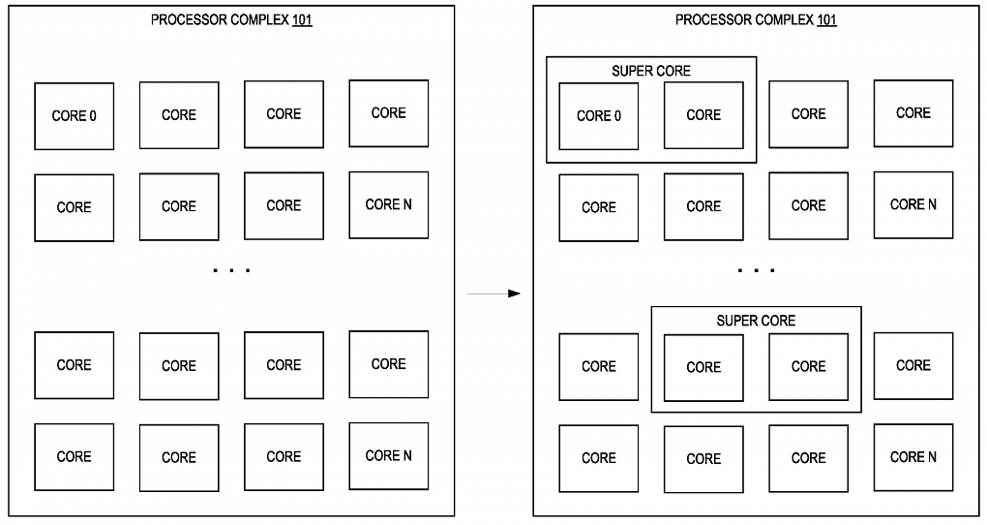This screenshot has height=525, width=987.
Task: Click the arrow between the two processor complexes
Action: tap(494, 293)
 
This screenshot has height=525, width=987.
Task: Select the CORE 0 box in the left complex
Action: tap(75, 116)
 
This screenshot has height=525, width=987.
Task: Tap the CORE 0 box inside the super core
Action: tap(599, 116)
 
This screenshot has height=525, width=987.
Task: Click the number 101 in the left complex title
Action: tap(302, 19)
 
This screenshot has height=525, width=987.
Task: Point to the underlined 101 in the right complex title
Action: tap(826, 19)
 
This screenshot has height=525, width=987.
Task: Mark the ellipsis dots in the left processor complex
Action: tap(231, 270)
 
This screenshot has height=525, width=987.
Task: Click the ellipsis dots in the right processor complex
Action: tap(756, 270)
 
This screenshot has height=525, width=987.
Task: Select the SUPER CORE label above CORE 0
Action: tap(651, 71)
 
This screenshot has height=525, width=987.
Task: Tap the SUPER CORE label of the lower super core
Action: tap(756, 321)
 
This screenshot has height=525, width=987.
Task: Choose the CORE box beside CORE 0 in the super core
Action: tap(703, 115)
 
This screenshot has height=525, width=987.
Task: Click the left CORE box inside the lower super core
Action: tap(703, 367)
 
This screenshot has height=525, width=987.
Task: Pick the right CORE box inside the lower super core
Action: tap(808, 366)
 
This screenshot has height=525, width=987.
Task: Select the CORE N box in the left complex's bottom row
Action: tap(389, 455)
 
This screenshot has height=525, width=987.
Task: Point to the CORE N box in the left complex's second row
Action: tap(389, 204)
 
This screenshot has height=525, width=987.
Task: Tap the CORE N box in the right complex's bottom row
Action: tap(913, 457)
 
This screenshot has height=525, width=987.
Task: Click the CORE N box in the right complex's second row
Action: tap(913, 204)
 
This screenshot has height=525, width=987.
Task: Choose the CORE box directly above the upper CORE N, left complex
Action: tap(389, 113)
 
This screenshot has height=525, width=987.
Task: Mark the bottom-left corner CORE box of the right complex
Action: tap(599, 458)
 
